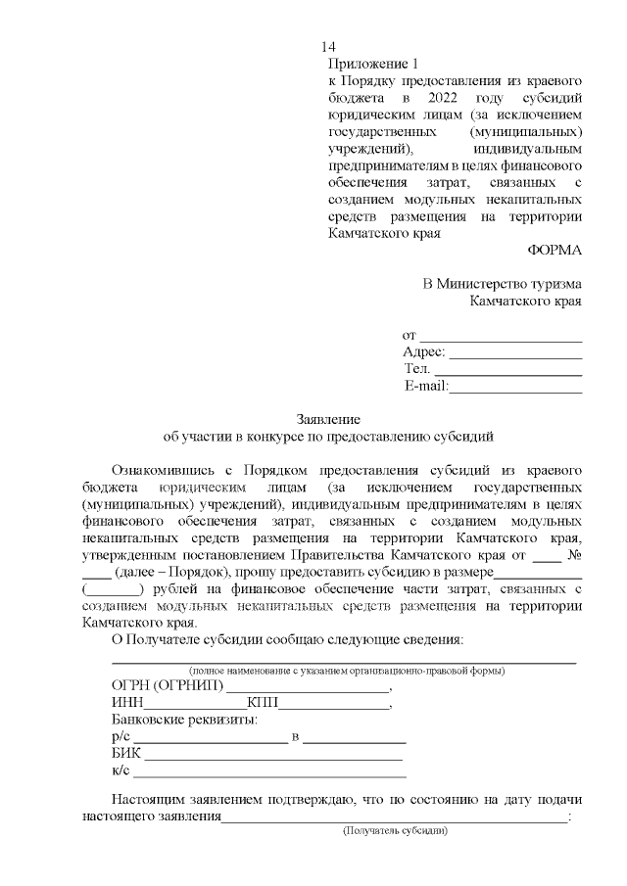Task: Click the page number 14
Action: pos(328,48)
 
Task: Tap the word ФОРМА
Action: pos(555,251)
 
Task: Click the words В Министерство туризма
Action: pos(502,283)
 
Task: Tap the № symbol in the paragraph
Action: pos(575,555)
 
